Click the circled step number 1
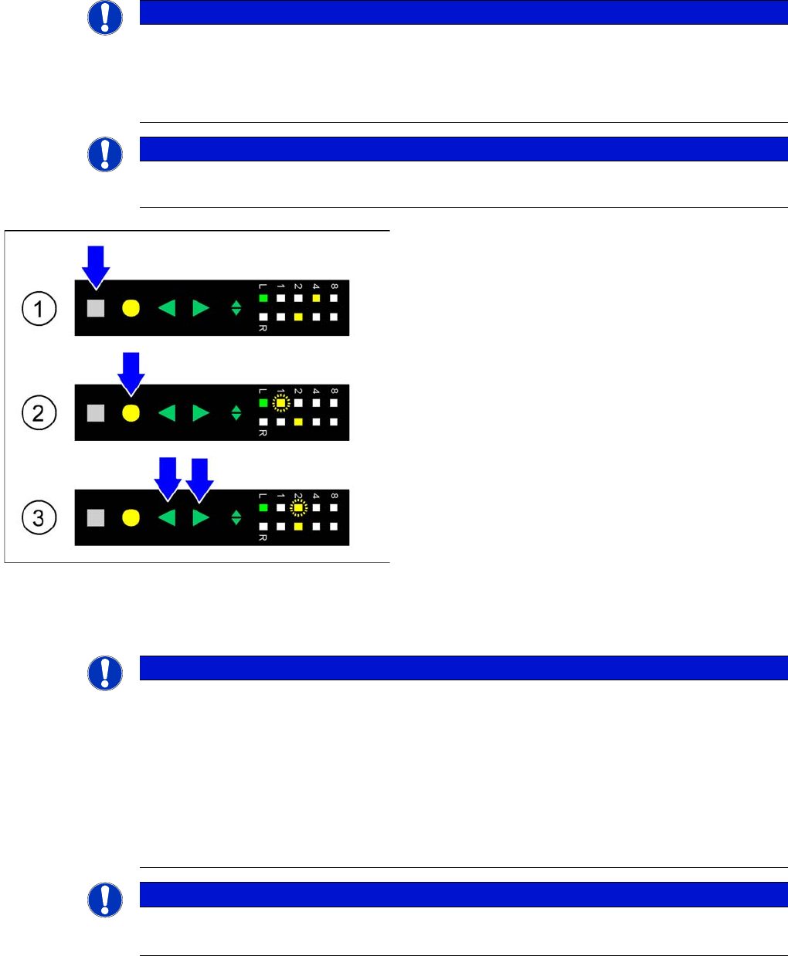click(x=39, y=309)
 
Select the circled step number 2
click(x=39, y=413)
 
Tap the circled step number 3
click(x=39, y=517)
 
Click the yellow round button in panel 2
click(x=131, y=413)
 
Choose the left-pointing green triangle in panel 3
click(x=167, y=517)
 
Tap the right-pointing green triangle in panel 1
click(x=201, y=308)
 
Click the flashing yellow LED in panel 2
click(x=281, y=403)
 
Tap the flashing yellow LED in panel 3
click(x=298, y=508)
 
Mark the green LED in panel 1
click(x=263, y=298)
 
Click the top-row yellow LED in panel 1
click(x=316, y=298)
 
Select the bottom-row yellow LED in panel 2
click(x=298, y=422)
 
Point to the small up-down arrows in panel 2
click(x=236, y=413)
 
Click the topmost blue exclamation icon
click(x=105, y=18)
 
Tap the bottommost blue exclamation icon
click(x=105, y=900)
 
